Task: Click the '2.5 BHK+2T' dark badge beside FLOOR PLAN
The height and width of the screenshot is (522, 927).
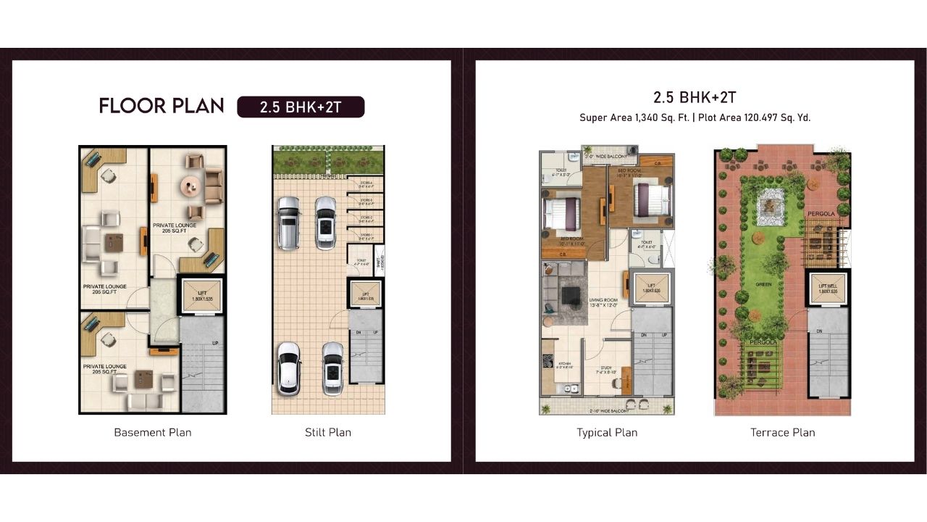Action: [x=301, y=107]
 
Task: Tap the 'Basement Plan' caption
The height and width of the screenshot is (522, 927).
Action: [x=153, y=432]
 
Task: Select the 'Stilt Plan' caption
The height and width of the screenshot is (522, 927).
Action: [x=328, y=432]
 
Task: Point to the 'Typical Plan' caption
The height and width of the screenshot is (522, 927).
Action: [x=607, y=432]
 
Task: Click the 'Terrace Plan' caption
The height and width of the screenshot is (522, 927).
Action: [x=782, y=432]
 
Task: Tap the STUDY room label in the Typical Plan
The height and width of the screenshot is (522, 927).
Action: [x=606, y=368]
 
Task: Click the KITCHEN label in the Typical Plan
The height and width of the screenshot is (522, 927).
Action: [x=564, y=364]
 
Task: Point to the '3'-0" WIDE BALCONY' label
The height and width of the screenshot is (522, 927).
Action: [x=606, y=156]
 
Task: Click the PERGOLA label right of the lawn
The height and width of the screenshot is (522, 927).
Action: [x=822, y=215]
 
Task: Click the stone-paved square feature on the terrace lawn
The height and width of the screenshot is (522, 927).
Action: [x=768, y=207]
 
